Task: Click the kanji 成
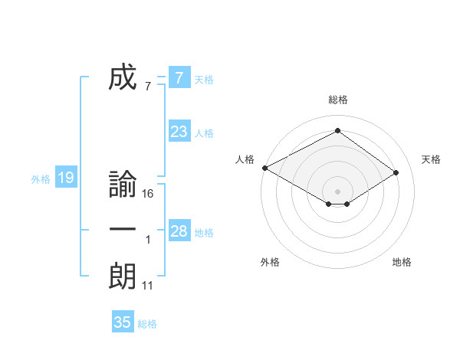tap(123, 78)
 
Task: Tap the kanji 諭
tap(123, 185)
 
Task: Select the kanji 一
tap(123, 231)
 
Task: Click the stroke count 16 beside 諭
tap(148, 194)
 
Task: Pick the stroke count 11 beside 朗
tap(148, 285)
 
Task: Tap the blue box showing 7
tap(179, 78)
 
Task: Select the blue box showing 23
tap(179, 132)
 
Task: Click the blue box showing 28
tap(179, 231)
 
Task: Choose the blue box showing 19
tap(65, 178)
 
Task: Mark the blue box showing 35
tap(123, 322)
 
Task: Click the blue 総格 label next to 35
tap(147, 324)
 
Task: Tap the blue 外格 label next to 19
tap(41, 179)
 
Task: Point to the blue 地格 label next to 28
tap(204, 233)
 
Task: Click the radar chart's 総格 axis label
tap(337, 100)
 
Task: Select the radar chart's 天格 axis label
tap(431, 159)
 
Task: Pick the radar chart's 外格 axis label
tap(270, 262)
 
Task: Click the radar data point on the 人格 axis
tap(264, 168)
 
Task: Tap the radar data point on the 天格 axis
tap(396, 172)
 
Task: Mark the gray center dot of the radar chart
tap(337, 191)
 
